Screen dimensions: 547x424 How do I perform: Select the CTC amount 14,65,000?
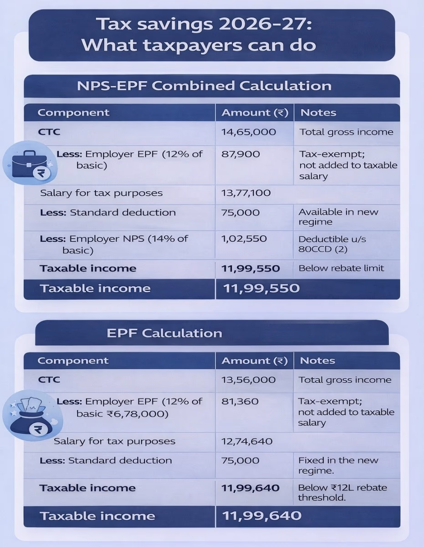249,132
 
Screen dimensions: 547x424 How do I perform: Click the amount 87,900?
240,154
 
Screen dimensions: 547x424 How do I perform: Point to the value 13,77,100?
246,193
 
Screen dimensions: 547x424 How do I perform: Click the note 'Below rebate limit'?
341,268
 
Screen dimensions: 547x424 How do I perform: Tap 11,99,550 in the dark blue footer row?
261,288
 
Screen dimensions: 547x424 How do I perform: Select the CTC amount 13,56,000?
248,380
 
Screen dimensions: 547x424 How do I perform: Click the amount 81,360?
240,402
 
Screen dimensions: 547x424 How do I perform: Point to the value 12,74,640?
247,441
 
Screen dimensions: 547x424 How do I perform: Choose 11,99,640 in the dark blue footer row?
261,516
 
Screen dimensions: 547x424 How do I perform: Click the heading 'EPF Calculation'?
164,333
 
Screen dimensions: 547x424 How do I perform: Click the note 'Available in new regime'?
338,217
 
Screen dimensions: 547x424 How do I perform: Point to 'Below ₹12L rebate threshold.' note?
342,492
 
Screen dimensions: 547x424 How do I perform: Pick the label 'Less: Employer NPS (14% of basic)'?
114,244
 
